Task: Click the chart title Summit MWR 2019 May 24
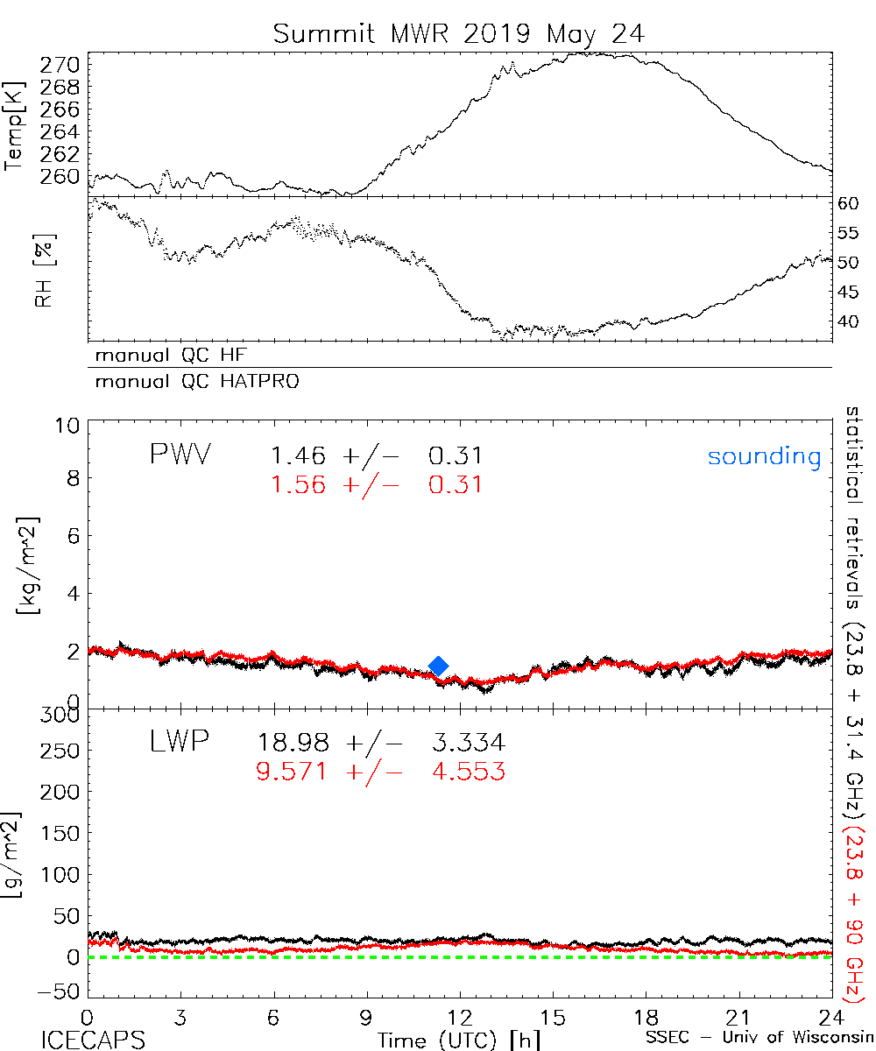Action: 458,34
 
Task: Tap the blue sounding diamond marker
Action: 439,667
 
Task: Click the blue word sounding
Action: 764,457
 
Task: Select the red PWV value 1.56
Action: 299,485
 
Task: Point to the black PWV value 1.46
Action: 299,456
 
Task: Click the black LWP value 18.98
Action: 293,744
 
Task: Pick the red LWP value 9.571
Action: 293,772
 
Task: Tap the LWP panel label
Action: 177,743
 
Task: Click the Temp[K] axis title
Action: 15,125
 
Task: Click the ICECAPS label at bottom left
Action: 93,1040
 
